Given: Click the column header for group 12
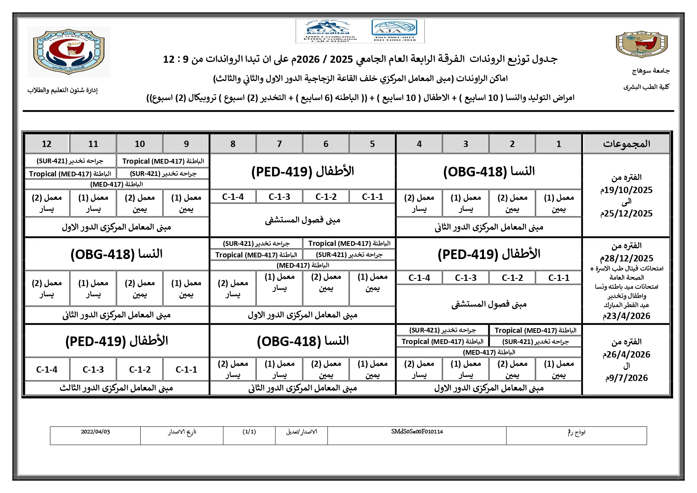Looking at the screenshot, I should pyautogui.click(x=46, y=144).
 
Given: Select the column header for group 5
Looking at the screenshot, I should pyautogui.click(x=372, y=144).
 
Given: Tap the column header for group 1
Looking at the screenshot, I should pyautogui.click(x=559, y=144).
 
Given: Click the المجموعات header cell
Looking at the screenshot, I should pyautogui.click(x=626, y=144).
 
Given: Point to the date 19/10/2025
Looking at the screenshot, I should pyautogui.click(x=626, y=190).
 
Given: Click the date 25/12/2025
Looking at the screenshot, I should pyautogui.click(x=626, y=214).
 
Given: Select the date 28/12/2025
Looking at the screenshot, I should pyautogui.click(x=626, y=258).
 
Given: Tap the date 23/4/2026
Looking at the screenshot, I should pyautogui.click(x=626, y=316).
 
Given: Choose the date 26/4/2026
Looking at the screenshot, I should pyautogui.click(x=626, y=354).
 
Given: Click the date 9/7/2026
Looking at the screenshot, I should pyautogui.click(x=626, y=378).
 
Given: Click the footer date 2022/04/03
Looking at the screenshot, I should pyautogui.click(x=95, y=432).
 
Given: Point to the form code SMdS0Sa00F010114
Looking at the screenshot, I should pyautogui.click(x=417, y=432).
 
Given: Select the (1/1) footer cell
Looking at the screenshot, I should pyautogui.click(x=249, y=432).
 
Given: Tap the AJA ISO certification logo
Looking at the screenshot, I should pyautogui.click(x=395, y=31).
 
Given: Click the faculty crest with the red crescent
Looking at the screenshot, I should pyautogui.click(x=69, y=51).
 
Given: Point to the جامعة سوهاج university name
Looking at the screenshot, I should pyautogui.click(x=651, y=71).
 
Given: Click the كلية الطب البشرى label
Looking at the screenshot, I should pyautogui.click(x=646, y=87).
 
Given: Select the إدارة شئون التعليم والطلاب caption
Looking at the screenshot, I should pyautogui.click(x=62, y=90).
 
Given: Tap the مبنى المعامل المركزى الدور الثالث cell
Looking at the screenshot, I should pyautogui.click(x=116, y=388).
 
